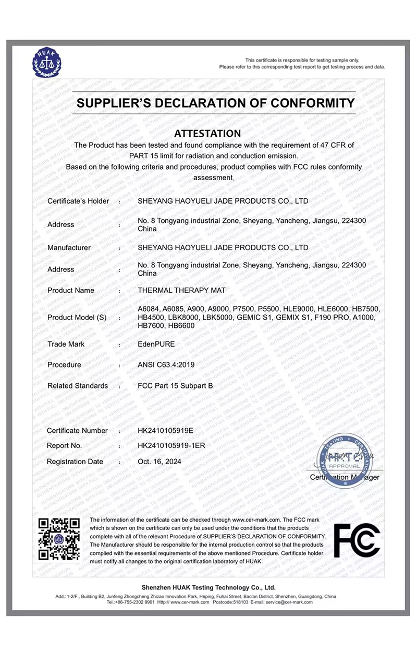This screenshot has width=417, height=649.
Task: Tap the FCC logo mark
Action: [x=357, y=540]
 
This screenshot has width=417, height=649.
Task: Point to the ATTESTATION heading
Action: [x=207, y=133]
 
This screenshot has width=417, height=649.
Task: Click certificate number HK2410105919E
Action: [x=165, y=431]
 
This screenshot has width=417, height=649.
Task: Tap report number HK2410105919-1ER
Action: [x=171, y=446]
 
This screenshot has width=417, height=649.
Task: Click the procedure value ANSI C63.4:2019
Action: [x=166, y=365]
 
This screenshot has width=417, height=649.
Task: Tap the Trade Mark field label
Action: [x=66, y=345]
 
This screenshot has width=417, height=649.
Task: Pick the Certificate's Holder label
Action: [x=78, y=201]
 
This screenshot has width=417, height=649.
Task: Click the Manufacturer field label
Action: [x=69, y=247]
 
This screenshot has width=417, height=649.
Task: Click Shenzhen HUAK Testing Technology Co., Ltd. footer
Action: [x=208, y=587]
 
